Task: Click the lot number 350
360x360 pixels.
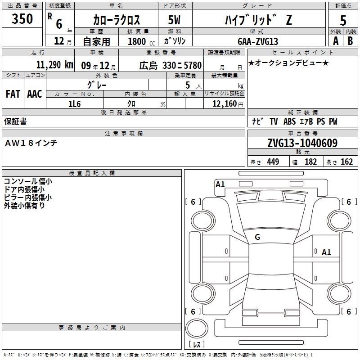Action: coord(22,18)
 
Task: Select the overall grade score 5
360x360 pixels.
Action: coord(343,20)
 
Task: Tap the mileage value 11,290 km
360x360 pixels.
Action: coord(54,65)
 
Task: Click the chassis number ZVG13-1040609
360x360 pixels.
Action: coord(302,143)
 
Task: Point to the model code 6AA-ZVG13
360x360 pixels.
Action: coord(258,41)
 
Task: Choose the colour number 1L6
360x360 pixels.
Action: coord(74,104)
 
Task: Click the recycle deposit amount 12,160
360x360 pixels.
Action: coord(225,104)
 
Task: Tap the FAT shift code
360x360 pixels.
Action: coord(13,94)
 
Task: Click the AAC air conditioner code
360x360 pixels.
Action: coord(35,94)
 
